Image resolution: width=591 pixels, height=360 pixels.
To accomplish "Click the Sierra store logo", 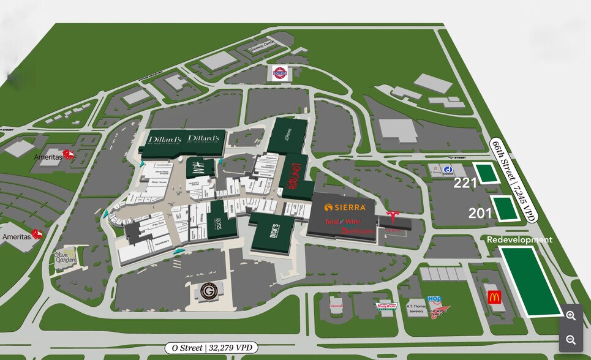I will pos(348,208).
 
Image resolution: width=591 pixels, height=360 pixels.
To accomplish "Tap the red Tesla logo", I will pos(391,219).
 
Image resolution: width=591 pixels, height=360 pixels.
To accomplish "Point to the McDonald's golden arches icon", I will pos(494,298).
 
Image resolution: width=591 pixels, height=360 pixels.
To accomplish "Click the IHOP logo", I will pos(434,299).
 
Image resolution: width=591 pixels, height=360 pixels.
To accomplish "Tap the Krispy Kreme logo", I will pos(386,306).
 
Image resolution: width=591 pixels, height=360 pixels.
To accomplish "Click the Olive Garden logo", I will pos(66,257).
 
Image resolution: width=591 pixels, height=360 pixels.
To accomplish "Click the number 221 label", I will pos(465,182).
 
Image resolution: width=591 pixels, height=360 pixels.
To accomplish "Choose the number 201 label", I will pos(480,213).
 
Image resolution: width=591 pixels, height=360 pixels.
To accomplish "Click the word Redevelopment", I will pos(519,239).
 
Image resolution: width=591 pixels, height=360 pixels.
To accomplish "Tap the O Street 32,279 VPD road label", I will pos(211,348).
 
